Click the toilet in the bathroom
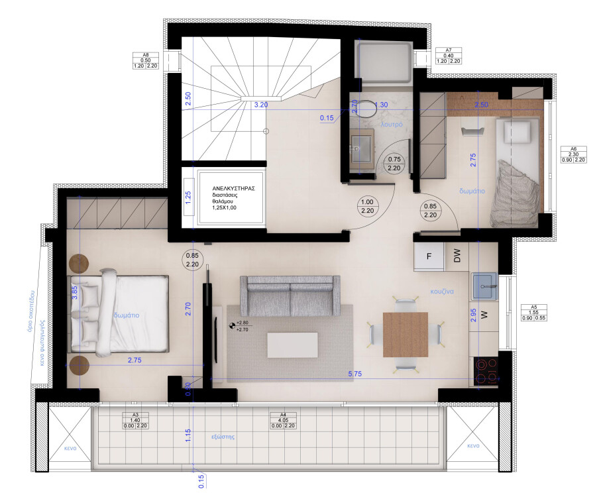point(362,109)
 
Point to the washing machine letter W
point(484,313)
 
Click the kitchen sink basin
point(485,287)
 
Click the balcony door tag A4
point(283,420)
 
